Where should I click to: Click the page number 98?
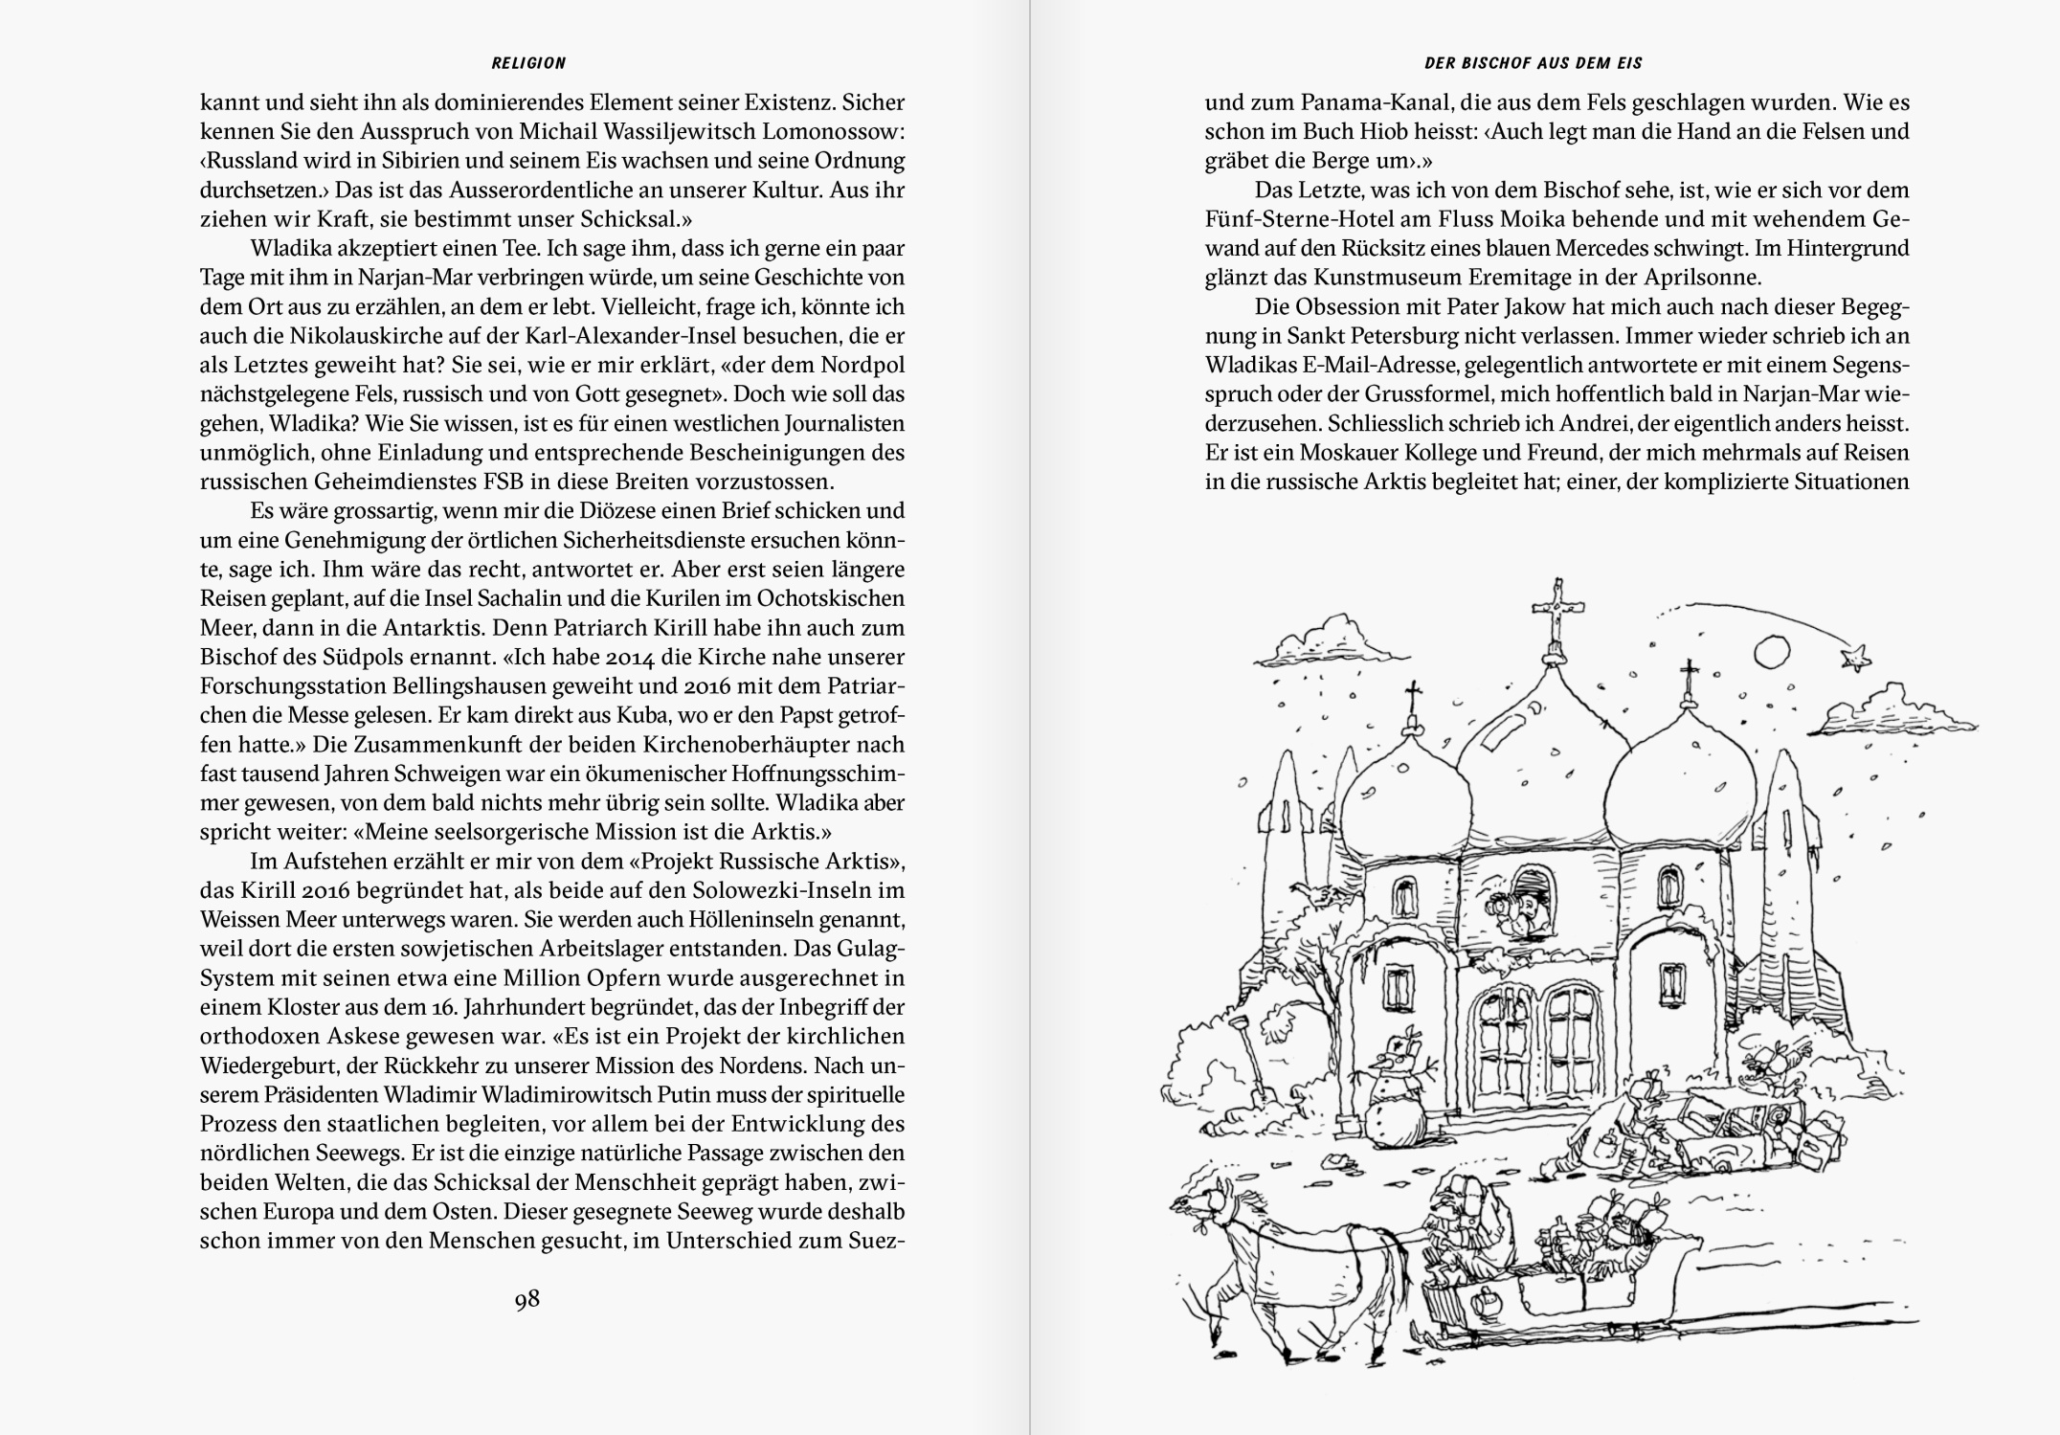click(x=527, y=1299)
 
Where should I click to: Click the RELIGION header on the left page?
click(x=528, y=63)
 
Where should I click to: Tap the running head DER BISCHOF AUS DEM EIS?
click(x=1534, y=63)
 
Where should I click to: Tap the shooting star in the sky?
click(x=1856, y=655)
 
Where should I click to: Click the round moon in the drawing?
click(x=1771, y=652)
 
